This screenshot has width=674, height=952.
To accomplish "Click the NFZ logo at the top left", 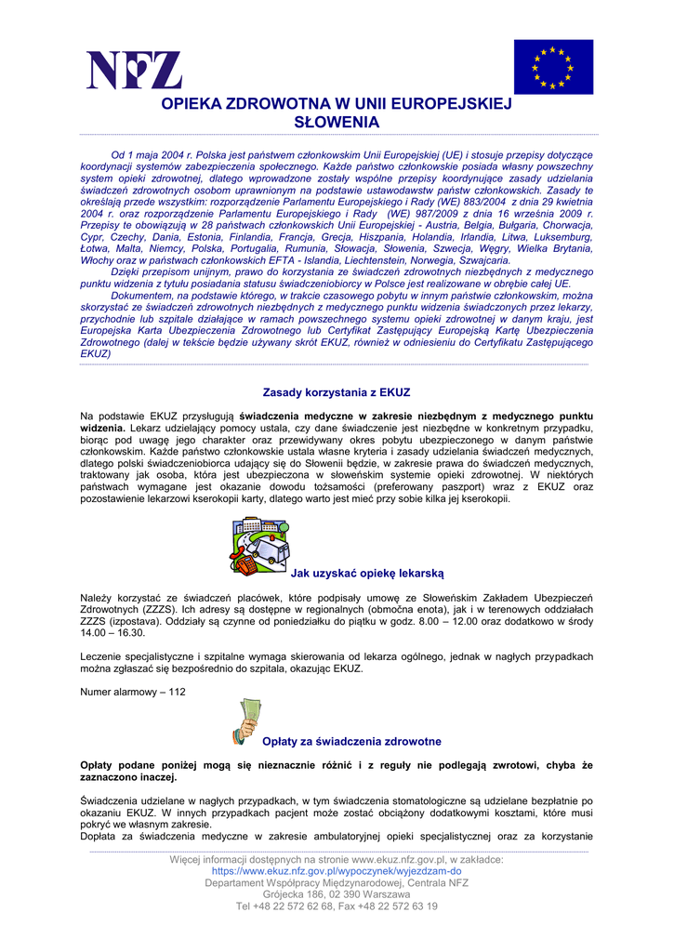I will coord(134,71).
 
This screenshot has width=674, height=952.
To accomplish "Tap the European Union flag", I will coord(552,67).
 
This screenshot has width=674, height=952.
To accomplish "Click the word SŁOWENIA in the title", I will coord(337,123).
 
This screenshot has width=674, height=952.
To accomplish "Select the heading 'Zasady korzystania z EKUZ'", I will coord(337,392).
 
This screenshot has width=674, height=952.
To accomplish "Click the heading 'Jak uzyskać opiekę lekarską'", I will coord(367,574).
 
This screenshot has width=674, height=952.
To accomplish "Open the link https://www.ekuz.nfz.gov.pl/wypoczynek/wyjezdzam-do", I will coord(337,872).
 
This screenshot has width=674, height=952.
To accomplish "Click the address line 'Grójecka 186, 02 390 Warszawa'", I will coord(337,894).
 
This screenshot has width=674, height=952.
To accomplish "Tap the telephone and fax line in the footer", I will coord(337,906).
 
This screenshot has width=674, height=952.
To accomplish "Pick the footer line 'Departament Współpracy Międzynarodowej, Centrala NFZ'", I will coord(337,883).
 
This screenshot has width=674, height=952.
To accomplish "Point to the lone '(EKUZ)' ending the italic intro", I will coord(96,353).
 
